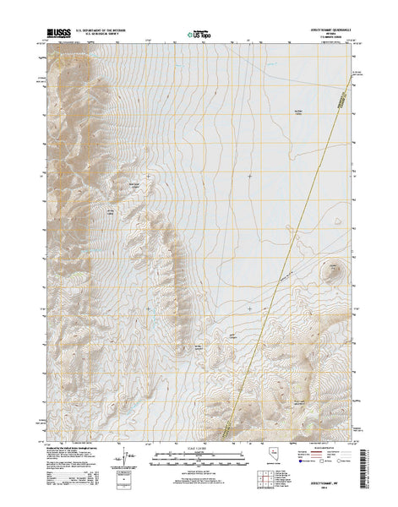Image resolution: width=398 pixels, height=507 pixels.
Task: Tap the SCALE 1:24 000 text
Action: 199,450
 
